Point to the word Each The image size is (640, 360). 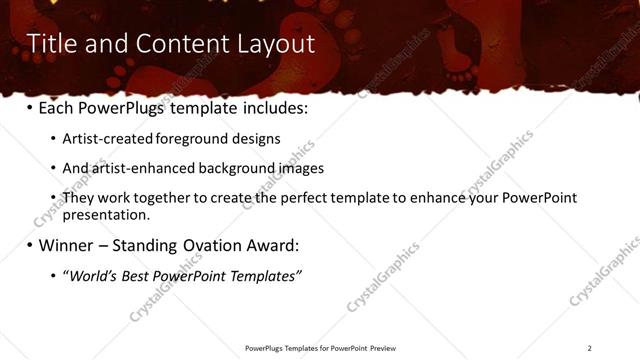[57, 108]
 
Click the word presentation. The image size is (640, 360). [106, 214]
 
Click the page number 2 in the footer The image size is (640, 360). [589, 348]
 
